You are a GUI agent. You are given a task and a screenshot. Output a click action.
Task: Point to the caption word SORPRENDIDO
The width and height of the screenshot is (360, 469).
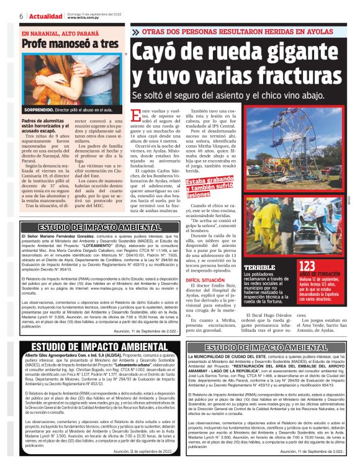coord(39,109)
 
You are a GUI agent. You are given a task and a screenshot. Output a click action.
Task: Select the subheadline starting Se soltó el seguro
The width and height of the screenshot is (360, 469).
coord(227,95)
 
